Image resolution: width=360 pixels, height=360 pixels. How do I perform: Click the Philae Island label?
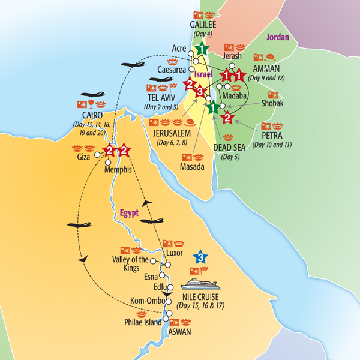click(141, 322)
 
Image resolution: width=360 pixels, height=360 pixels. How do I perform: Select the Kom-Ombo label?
click(146, 300)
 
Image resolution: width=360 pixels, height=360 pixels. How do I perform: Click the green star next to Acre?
click(203, 49)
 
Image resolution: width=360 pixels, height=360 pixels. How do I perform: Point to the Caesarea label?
click(172, 70)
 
